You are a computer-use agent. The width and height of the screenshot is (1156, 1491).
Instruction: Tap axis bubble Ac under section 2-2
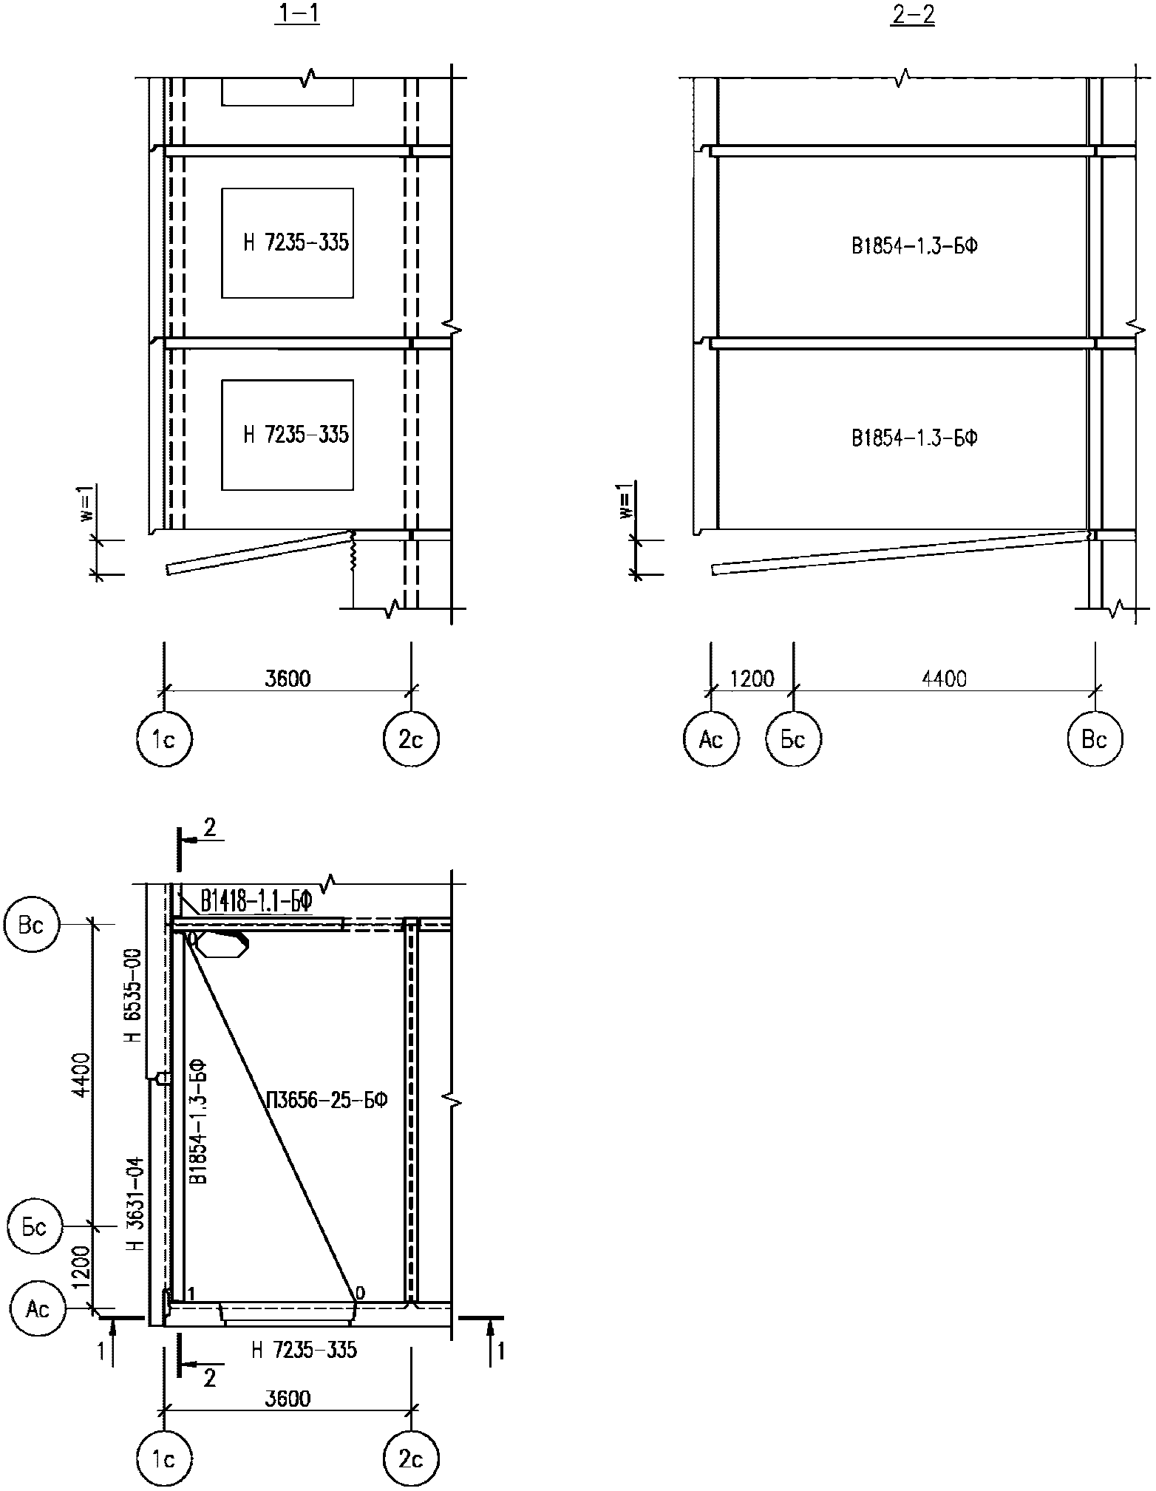click(711, 738)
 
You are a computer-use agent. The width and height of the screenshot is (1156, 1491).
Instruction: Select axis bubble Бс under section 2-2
click(793, 738)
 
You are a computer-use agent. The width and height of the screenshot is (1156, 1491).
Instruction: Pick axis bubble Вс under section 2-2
click(1095, 738)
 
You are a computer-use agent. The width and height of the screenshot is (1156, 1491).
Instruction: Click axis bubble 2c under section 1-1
click(411, 738)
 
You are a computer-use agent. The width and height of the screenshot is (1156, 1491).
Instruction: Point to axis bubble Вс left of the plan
click(32, 925)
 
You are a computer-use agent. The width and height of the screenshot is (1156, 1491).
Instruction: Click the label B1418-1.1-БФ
click(255, 903)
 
